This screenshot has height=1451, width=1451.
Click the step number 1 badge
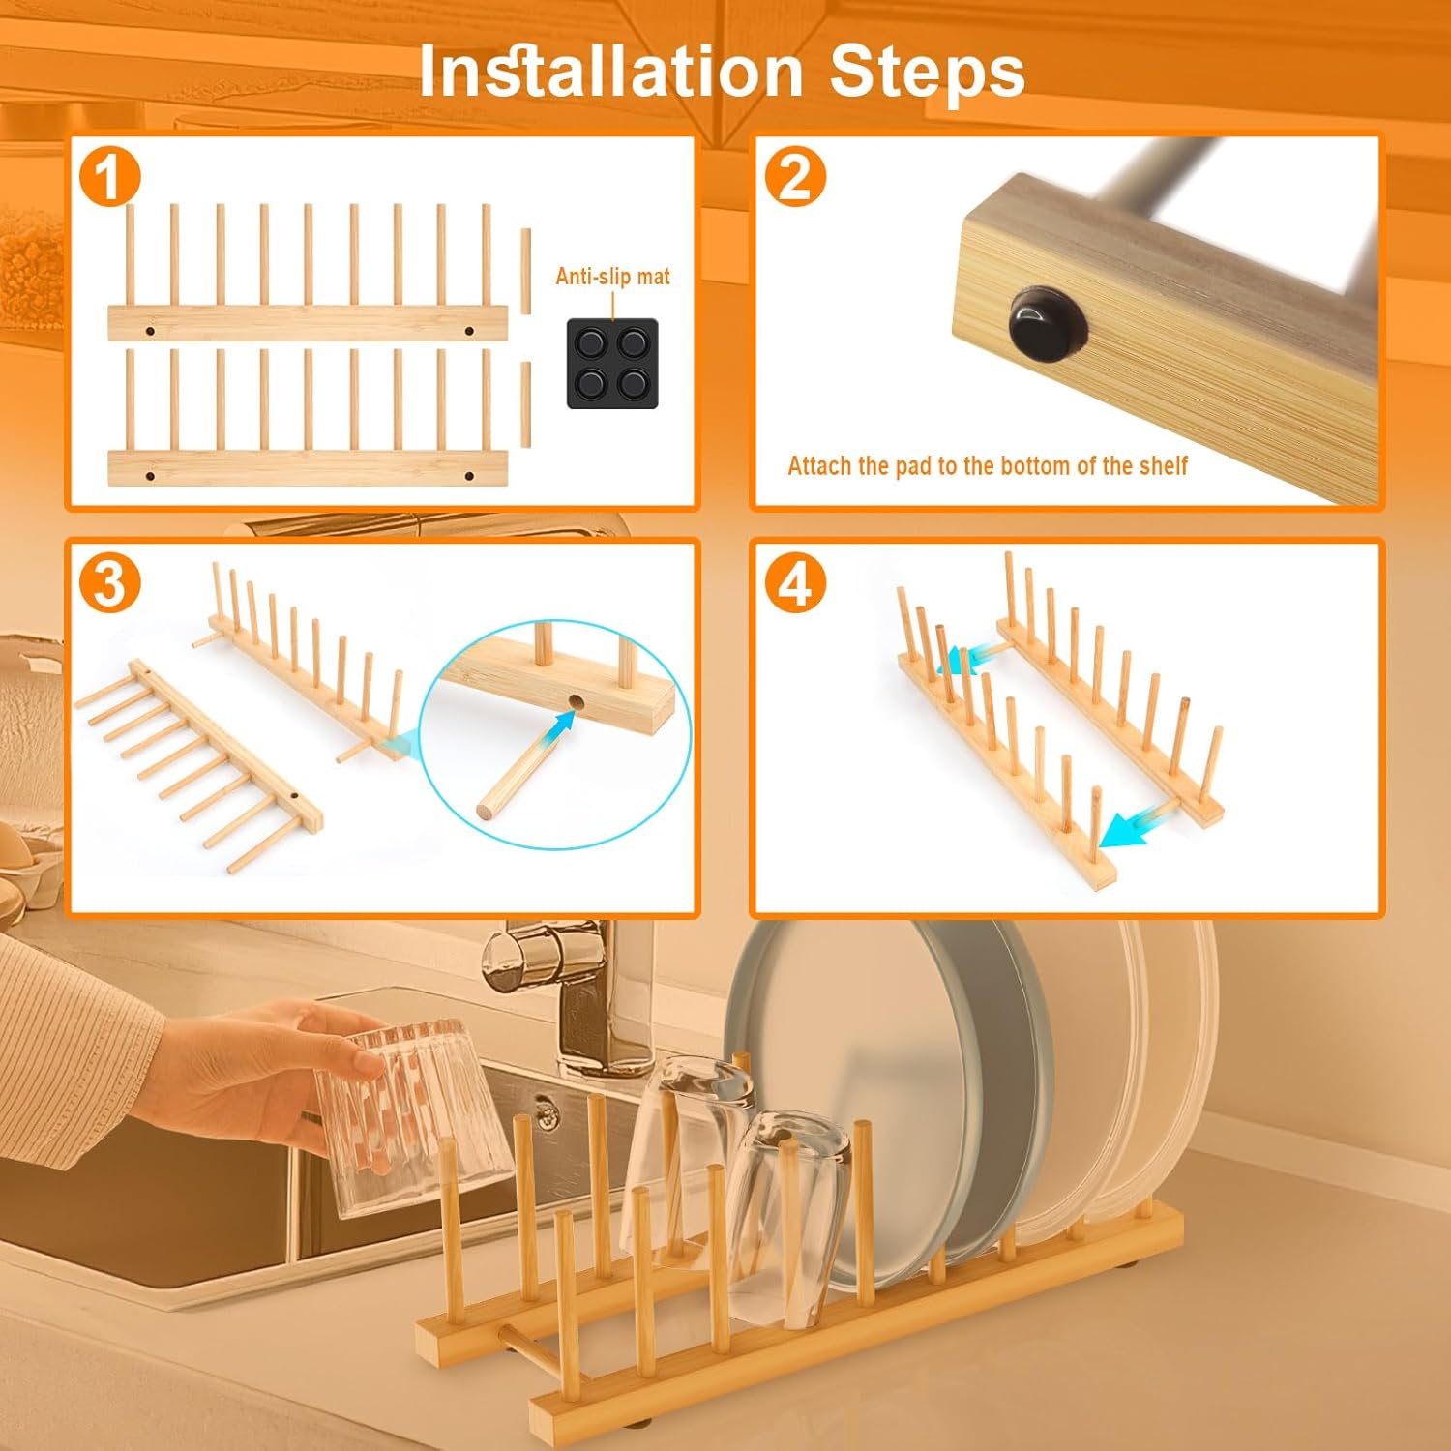pos(109,177)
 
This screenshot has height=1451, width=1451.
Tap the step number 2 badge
pos(795,177)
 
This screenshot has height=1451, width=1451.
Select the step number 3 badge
pos(109,583)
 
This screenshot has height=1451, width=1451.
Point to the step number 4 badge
pos(795,583)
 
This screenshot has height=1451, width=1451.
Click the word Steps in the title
pos(927,73)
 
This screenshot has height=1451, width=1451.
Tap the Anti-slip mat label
pos(612,277)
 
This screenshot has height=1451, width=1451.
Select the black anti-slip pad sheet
pos(612,363)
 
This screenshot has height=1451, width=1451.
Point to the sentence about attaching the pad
pos(987,466)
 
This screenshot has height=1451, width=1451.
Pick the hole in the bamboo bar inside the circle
pos(577,701)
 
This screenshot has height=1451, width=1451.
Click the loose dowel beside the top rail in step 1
pos(525,271)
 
